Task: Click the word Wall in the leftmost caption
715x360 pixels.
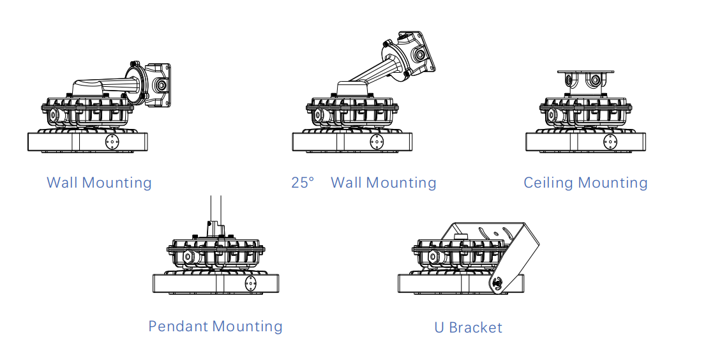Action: click(62, 183)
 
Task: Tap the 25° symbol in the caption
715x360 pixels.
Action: click(303, 183)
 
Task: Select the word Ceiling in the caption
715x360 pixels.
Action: click(548, 183)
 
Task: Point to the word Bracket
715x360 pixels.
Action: click(476, 327)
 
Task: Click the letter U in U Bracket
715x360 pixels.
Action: click(439, 327)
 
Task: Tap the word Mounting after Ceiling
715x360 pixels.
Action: click(612, 183)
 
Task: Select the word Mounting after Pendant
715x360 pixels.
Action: click(248, 326)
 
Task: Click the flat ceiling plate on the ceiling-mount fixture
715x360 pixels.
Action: click(585, 72)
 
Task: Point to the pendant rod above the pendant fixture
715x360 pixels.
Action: click(216, 209)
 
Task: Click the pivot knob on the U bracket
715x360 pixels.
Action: click(498, 283)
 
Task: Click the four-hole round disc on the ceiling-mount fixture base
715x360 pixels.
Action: click(610, 142)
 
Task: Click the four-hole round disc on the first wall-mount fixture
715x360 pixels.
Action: click(112, 142)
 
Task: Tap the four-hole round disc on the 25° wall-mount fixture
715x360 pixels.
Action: click(377, 142)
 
